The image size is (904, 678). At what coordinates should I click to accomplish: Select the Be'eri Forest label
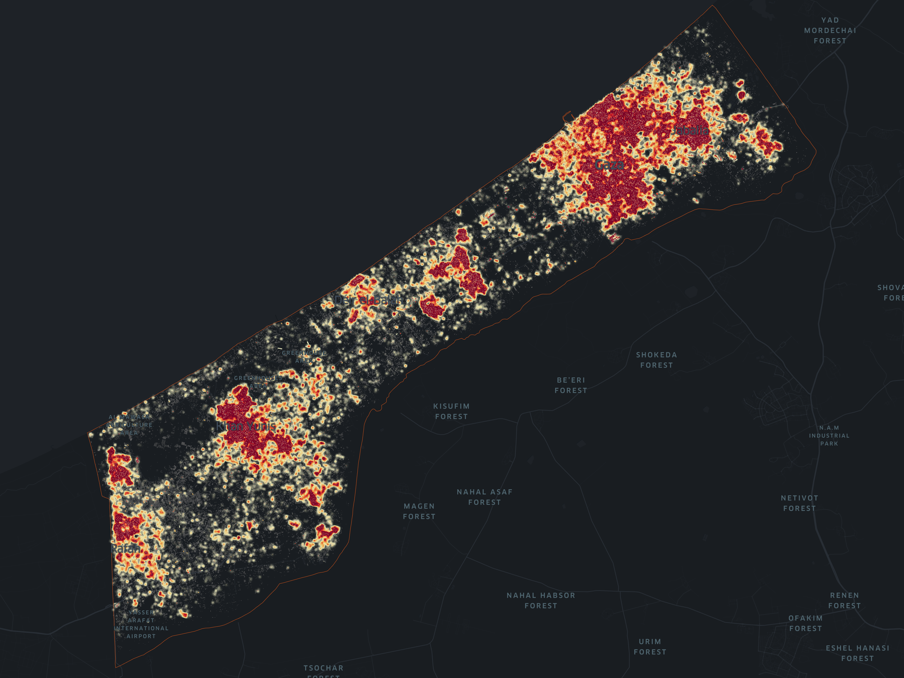click(571, 385)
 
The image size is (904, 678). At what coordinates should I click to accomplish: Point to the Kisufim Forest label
click(451, 411)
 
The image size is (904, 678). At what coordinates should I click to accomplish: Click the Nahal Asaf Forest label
click(484, 497)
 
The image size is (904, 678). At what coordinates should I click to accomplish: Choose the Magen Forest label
click(419, 511)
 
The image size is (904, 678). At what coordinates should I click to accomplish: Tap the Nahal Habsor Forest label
click(541, 600)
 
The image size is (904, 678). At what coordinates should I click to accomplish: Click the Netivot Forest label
click(799, 503)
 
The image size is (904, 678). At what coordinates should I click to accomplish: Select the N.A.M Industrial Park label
click(829, 435)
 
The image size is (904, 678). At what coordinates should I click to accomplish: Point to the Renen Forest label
click(844, 600)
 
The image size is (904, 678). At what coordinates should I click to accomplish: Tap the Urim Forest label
click(650, 647)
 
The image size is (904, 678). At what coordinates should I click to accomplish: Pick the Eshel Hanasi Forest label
click(857, 653)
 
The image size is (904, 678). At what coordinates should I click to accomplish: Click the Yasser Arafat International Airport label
click(141, 624)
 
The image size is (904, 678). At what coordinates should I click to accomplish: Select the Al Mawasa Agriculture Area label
click(129, 425)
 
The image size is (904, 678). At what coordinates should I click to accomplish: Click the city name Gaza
click(609, 165)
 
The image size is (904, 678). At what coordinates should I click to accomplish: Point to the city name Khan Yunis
click(246, 426)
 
